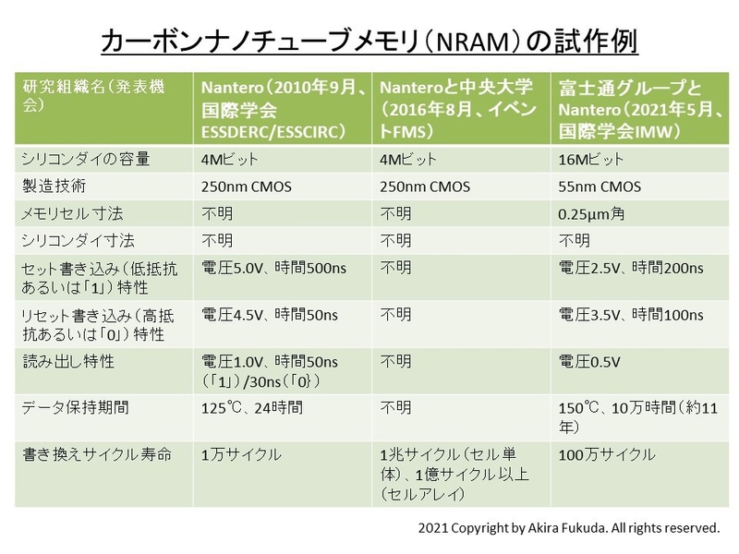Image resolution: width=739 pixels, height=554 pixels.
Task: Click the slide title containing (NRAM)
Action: (x=369, y=41)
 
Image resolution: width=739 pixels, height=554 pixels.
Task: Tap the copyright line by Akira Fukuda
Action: (x=567, y=529)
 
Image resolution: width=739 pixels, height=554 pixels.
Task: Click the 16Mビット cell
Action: (x=591, y=161)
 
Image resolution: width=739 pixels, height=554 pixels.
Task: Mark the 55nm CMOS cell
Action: (x=600, y=187)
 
